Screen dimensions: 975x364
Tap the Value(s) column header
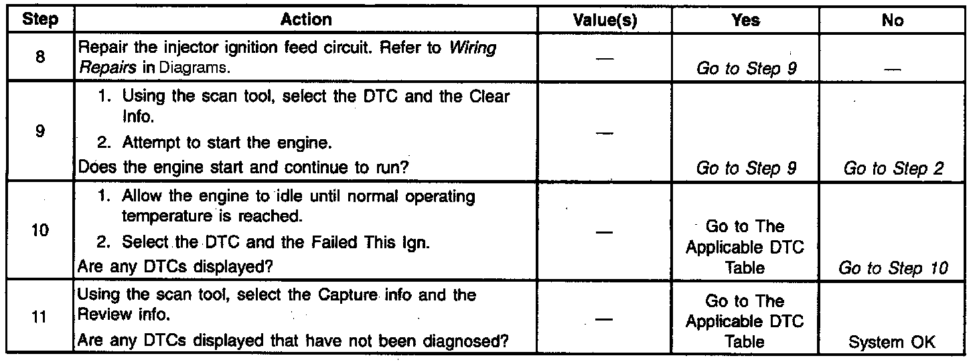click(x=605, y=20)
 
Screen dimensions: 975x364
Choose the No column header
click(x=893, y=20)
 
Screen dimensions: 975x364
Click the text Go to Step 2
click(x=893, y=169)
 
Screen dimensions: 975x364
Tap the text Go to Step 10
click(x=893, y=269)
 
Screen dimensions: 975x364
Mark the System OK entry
click(x=893, y=343)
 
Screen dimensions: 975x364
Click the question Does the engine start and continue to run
click(x=244, y=169)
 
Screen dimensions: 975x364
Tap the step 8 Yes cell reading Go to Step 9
click(x=746, y=68)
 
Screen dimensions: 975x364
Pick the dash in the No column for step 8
click(x=893, y=68)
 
